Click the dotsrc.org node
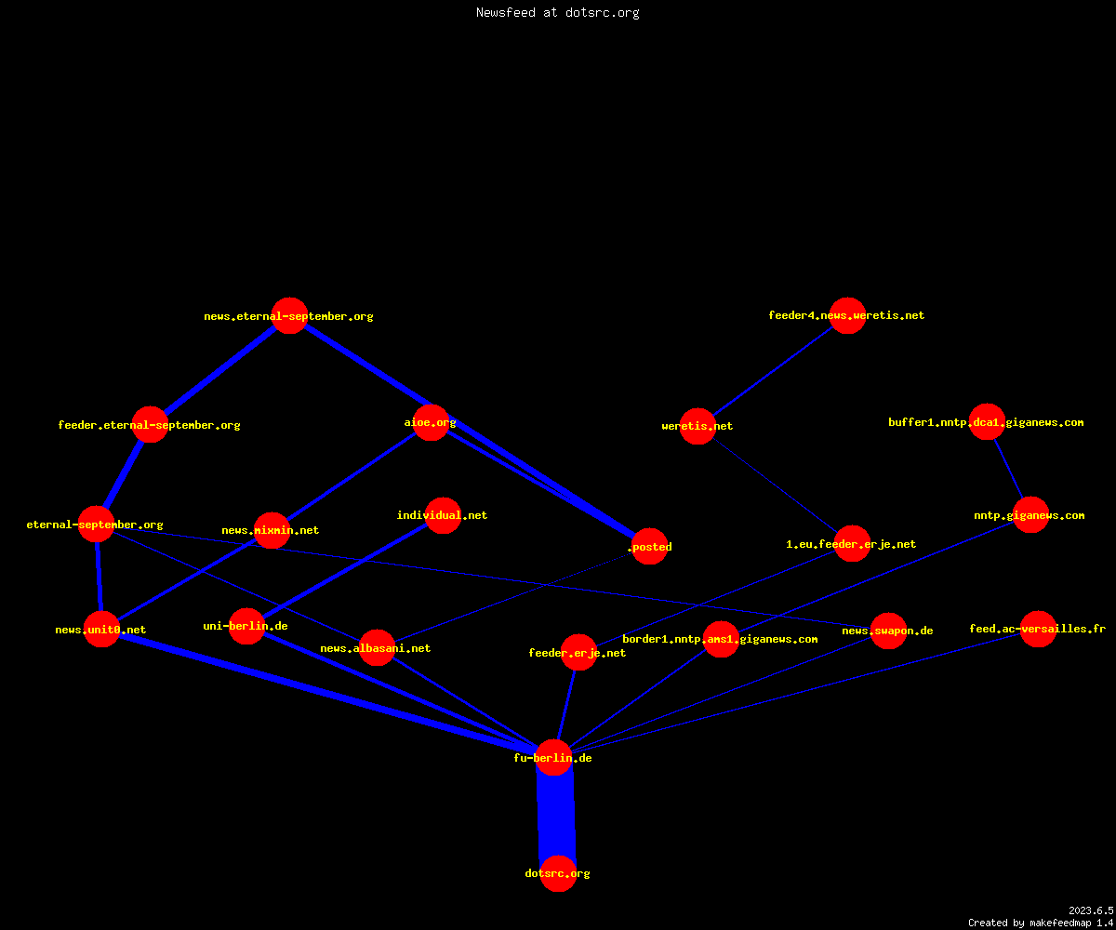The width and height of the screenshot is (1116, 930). click(x=558, y=873)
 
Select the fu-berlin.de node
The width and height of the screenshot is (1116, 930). click(x=553, y=757)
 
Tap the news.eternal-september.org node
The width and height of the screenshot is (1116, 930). click(x=289, y=315)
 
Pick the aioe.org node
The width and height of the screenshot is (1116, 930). click(x=431, y=422)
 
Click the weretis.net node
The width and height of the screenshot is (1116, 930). click(x=697, y=426)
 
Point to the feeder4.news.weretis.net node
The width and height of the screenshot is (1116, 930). click(x=847, y=315)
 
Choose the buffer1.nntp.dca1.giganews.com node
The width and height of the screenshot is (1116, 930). click(x=987, y=421)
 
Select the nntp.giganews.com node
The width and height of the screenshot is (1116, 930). click(x=1030, y=514)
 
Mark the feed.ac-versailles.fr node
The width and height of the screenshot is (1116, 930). click(x=1038, y=629)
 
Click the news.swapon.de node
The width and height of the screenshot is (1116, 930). click(x=888, y=631)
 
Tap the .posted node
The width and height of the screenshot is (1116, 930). click(x=649, y=546)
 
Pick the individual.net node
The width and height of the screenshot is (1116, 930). click(x=443, y=515)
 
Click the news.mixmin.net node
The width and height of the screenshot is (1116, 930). click(x=272, y=530)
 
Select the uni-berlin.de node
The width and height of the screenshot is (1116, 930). click(x=246, y=626)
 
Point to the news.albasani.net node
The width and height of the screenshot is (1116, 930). click(x=377, y=648)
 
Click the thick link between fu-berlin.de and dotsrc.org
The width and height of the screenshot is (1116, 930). click(x=556, y=816)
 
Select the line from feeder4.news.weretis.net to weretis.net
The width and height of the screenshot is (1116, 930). click(x=772, y=371)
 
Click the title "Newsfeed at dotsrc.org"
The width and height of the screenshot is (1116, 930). click(x=557, y=12)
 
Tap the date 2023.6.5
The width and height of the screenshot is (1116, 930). click(x=1091, y=910)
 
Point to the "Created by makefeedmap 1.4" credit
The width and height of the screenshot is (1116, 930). click(x=1041, y=923)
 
